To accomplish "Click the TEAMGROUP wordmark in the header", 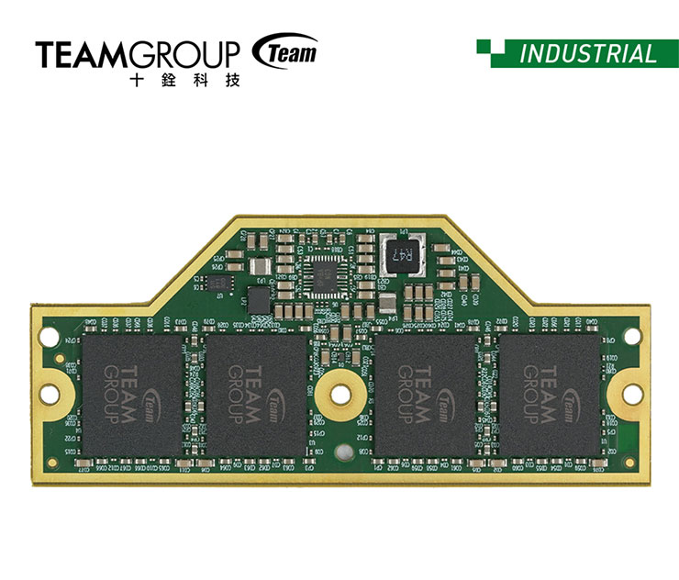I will [139, 54].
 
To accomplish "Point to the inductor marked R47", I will [403, 252].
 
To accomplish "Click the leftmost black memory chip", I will [131, 392].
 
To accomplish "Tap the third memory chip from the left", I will [423, 392].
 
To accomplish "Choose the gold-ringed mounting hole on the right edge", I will [630, 394].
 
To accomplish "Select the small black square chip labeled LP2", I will [259, 298].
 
